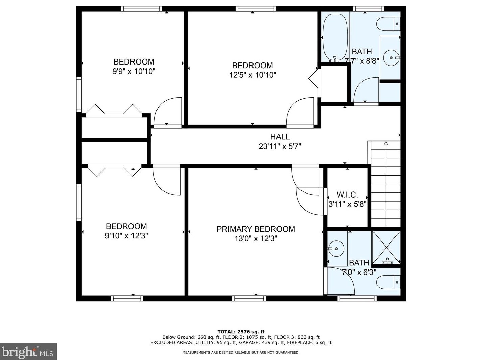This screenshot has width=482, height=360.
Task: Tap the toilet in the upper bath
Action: point(388,24)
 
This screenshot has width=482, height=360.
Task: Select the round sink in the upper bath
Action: point(391,58)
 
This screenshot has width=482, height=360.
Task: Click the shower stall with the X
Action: point(386,247)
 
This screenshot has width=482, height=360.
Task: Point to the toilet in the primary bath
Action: point(388,282)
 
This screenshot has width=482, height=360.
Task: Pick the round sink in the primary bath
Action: point(336,249)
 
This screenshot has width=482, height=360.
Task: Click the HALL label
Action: point(280,137)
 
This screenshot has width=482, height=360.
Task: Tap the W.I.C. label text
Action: point(347,195)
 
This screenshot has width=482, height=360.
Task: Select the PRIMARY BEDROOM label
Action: point(256,229)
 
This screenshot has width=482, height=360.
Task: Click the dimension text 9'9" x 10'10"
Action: point(134,71)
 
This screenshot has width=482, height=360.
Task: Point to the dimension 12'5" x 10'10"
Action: point(252,75)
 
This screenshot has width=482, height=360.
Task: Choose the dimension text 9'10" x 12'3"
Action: point(126,236)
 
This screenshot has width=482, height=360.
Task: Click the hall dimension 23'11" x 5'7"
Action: point(280,146)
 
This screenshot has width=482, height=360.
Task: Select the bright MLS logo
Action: point(28,352)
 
